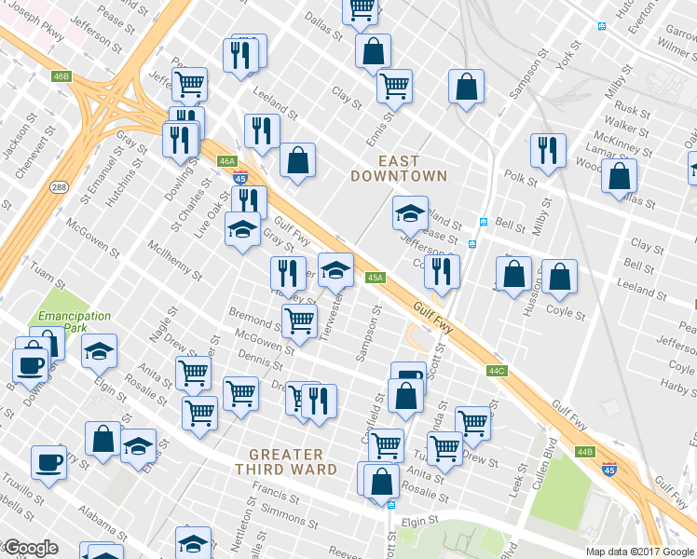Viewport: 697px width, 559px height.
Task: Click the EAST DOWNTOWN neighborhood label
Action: coord(399,167)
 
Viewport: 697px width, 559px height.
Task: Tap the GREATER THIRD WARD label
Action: coord(293,462)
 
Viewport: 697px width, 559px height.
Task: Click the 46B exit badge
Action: coord(61,75)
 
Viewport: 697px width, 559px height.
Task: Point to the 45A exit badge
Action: coord(376,277)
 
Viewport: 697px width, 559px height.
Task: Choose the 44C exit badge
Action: coord(496,371)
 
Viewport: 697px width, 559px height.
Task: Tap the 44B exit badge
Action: coord(584,452)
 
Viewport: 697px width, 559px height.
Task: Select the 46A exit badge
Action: coord(227,161)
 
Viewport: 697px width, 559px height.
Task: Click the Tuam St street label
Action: coord(47,272)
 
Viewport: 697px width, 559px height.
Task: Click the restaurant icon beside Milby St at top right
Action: coord(548,151)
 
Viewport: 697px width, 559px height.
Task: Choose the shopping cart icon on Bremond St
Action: coord(299,322)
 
